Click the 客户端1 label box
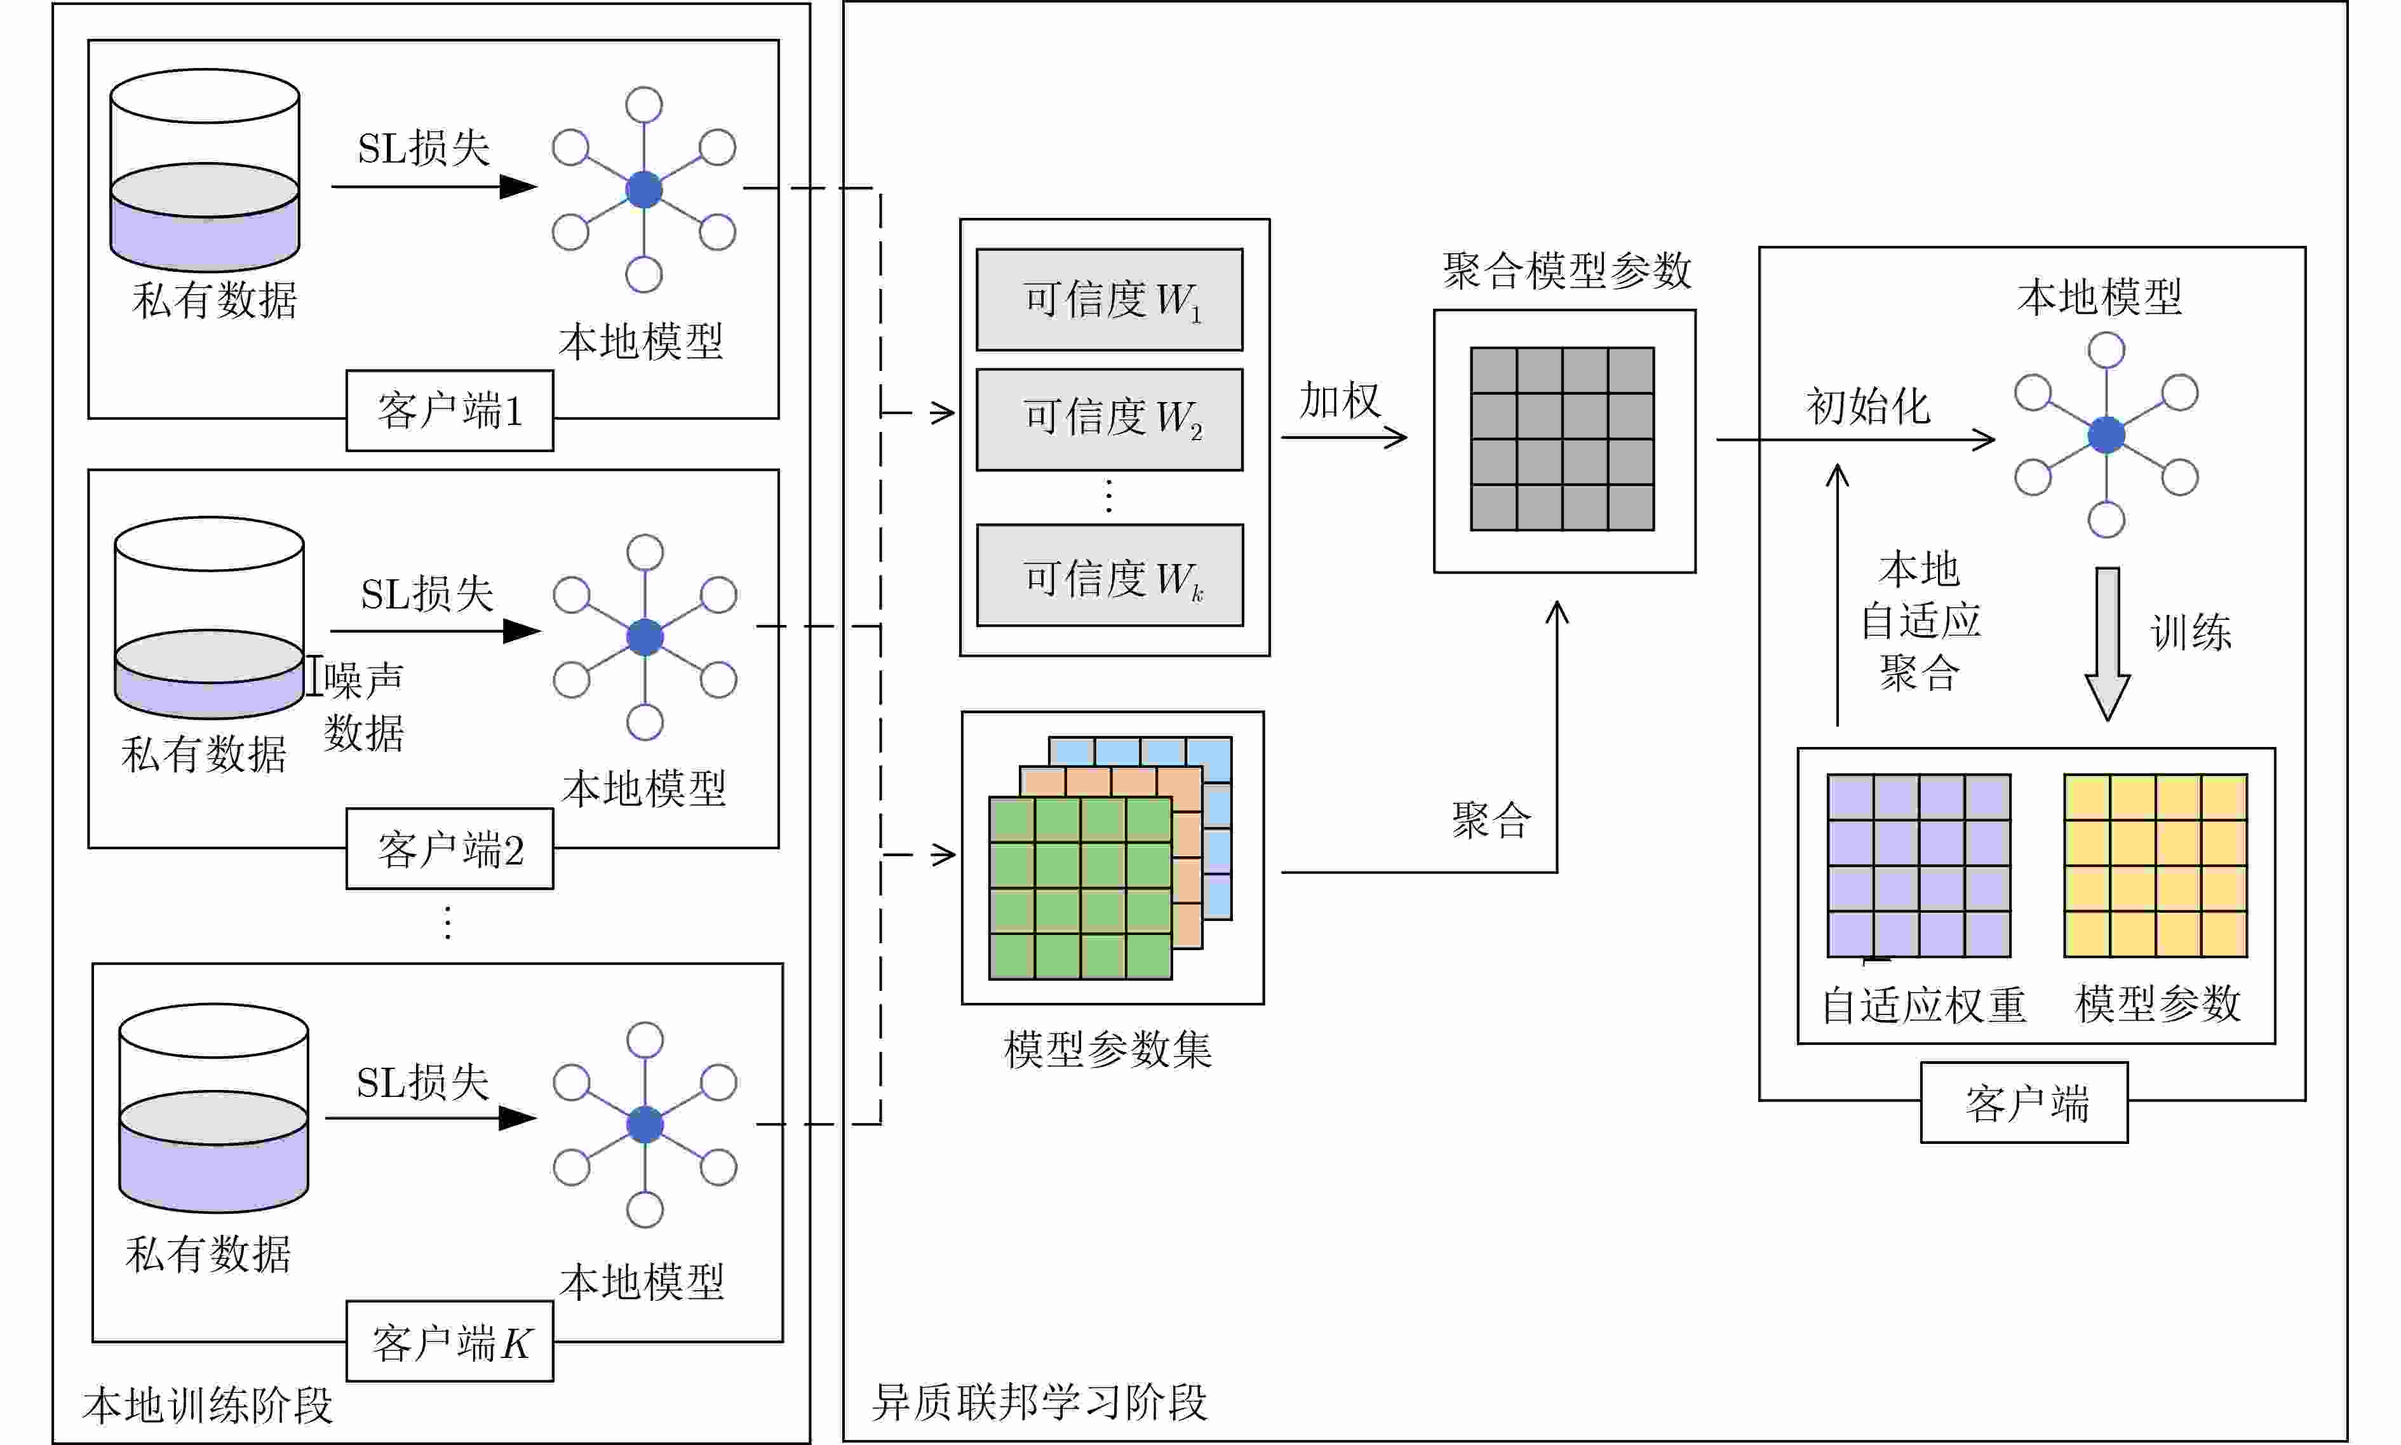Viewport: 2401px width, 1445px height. pos(450,411)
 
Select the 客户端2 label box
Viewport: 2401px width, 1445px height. pos(450,849)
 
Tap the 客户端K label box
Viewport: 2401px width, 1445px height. pos(450,1341)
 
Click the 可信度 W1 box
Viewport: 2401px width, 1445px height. pos(1109,300)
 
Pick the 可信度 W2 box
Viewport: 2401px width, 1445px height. pos(1109,420)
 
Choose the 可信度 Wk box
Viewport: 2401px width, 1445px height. pos(1109,575)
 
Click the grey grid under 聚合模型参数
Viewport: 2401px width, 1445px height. pos(1562,439)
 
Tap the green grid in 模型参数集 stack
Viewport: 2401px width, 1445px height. pos(1080,888)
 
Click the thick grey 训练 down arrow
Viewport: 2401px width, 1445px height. pos(2107,643)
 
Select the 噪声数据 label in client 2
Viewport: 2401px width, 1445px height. pos(363,706)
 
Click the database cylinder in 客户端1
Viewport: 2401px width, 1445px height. pos(205,170)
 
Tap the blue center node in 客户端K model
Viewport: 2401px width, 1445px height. pos(645,1125)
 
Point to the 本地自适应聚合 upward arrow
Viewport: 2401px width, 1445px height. pos(1837,594)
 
